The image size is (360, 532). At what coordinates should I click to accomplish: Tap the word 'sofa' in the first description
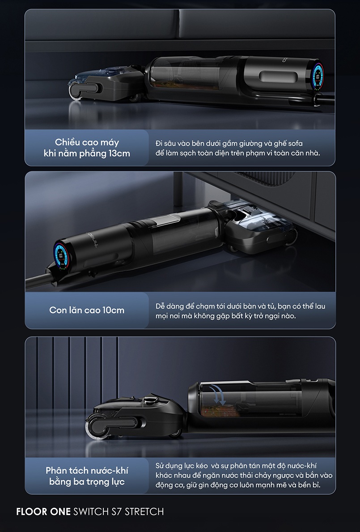coord(295,143)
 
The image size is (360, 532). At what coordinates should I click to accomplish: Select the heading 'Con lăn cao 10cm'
coord(87,310)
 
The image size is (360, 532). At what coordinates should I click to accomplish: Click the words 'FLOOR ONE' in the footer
coord(43,512)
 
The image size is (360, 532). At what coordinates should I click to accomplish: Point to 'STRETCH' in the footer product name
coord(144,512)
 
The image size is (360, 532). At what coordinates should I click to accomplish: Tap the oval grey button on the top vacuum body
coord(278,77)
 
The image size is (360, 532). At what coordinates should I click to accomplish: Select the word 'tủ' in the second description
coord(271,306)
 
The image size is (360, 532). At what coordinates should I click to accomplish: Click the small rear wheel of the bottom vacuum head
coord(175,433)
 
